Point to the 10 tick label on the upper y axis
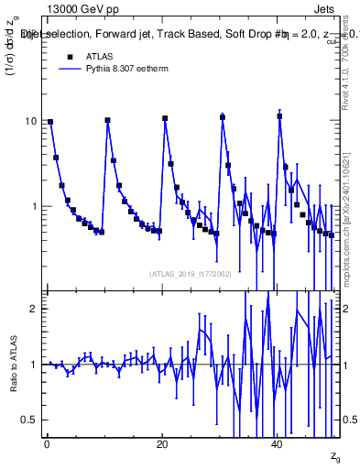pyautogui.click(x=31, y=122)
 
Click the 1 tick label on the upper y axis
pyautogui.click(x=34, y=207)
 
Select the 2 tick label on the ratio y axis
pyautogui.click(x=34, y=309)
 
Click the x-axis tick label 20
pyautogui.click(x=162, y=444)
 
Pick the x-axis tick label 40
pyautogui.click(x=278, y=444)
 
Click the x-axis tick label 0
pyautogui.click(x=47, y=444)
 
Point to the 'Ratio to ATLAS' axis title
pyautogui.click(x=13, y=365)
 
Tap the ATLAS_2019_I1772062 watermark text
pyautogui.click(x=191, y=273)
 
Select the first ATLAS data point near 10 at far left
pyautogui.click(x=50, y=122)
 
